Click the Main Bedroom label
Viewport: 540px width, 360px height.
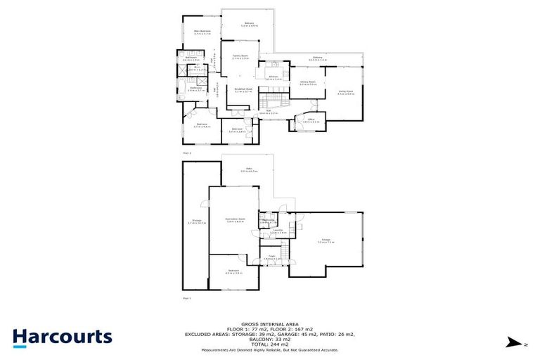pos(202,32)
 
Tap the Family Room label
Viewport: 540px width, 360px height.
pos(240,56)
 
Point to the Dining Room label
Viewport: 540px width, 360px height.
pos(308,83)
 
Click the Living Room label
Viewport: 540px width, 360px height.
pos(345,92)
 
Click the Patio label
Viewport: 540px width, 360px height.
pos(245,170)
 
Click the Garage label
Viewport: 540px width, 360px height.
pos(326,241)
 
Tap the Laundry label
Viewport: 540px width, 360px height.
pos(278,231)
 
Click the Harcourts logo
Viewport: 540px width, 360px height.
pos(62,336)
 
